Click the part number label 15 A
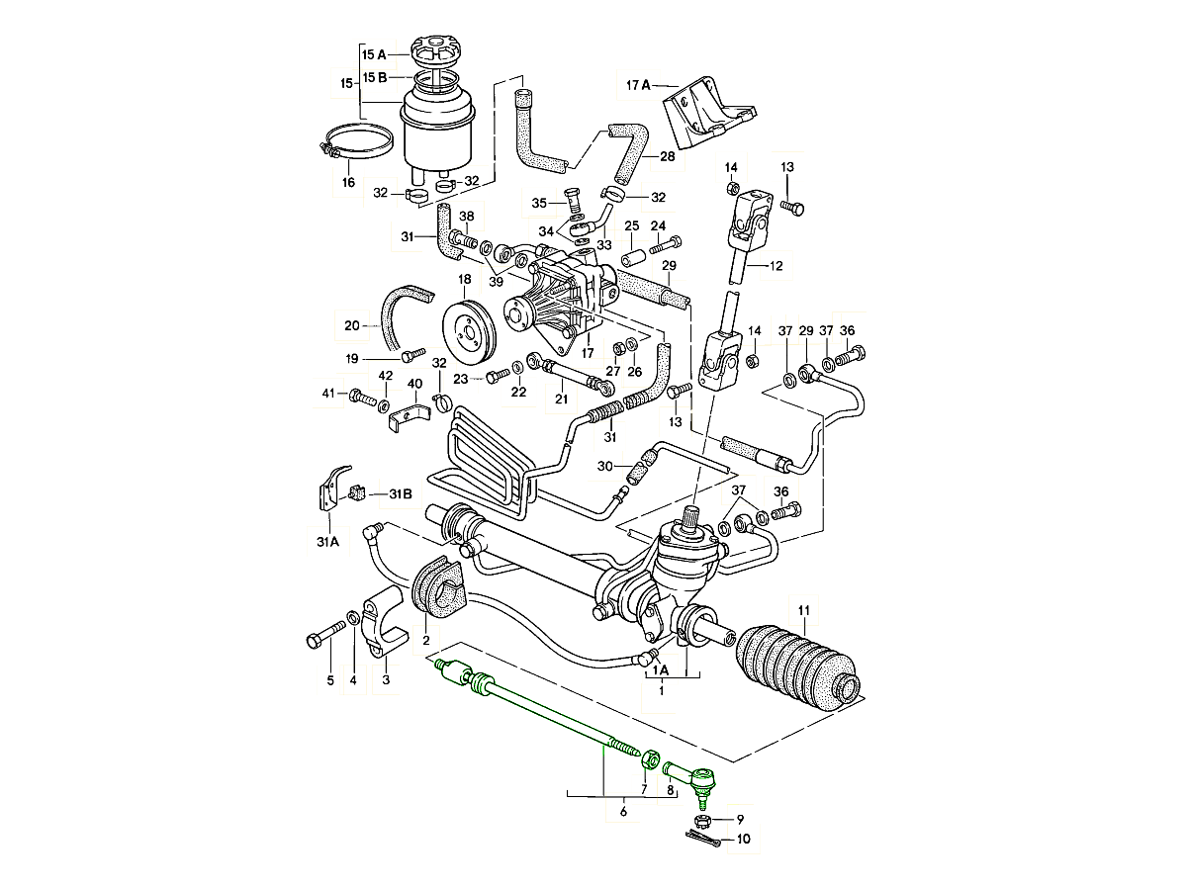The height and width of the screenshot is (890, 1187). (x=373, y=54)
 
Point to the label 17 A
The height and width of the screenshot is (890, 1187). (x=638, y=85)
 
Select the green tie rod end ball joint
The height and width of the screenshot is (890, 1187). (x=695, y=782)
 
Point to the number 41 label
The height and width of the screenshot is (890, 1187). (x=328, y=395)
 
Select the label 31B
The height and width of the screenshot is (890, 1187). (x=400, y=492)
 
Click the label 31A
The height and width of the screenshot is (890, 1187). (x=327, y=541)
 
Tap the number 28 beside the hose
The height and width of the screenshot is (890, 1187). (x=667, y=157)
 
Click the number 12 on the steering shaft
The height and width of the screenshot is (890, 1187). (x=775, y=265)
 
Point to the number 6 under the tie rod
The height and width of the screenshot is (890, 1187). (x=623, y=812)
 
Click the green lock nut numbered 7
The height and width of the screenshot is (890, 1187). (x=652, y=759)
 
